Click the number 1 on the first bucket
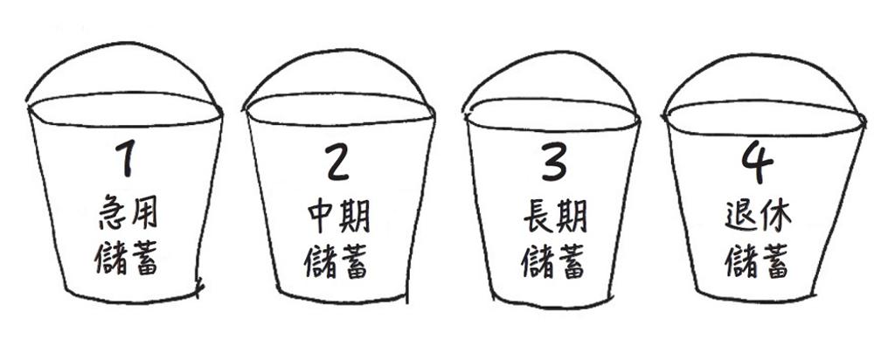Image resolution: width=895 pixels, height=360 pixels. (x=126, y=158)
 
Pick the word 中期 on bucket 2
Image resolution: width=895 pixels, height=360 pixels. (x=339, y=218)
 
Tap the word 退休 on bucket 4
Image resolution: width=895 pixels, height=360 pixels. (x=759, y=217)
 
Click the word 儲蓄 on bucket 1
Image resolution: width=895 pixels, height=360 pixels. (x=126, y=259)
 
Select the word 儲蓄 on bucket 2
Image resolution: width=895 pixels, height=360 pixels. (x=336, y=261)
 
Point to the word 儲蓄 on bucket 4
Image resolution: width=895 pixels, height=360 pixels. (x=757, y=261)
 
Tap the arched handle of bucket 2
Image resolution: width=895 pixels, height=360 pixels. (x=336, y=51)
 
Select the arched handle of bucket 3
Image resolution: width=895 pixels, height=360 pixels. (x=551, y=53)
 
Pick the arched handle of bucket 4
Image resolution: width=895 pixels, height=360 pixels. (x=762, y=55)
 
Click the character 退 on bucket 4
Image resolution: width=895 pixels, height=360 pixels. (x=741, y=217)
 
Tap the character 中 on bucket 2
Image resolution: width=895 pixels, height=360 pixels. (x=322, y=218)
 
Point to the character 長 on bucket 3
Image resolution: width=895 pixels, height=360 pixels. (x=538, y=218)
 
